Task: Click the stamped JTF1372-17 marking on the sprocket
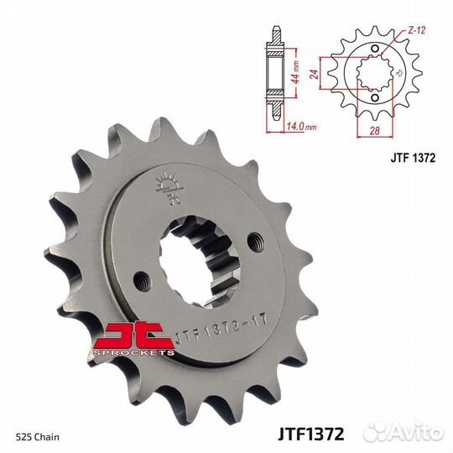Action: click(222, 334)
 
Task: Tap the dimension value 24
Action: click(336, 73)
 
